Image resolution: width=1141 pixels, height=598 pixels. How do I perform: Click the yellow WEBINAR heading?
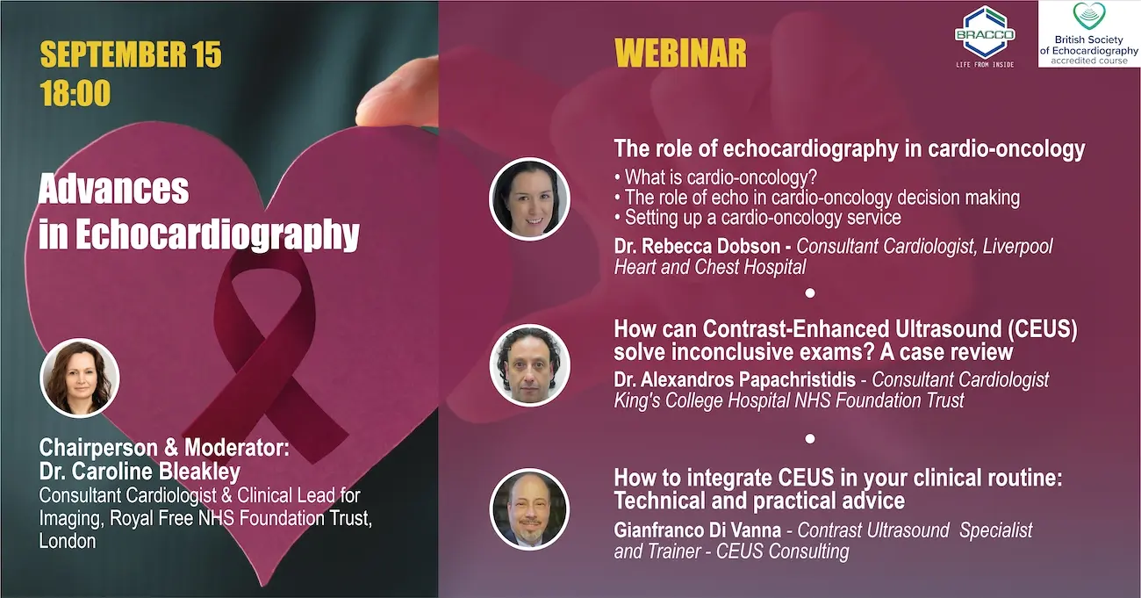680,53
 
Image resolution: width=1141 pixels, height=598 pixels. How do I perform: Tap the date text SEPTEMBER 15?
131,54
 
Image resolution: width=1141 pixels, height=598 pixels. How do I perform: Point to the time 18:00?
75,93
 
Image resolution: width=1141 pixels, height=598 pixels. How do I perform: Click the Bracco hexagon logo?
985,34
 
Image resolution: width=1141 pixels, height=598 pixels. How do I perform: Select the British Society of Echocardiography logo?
1089,33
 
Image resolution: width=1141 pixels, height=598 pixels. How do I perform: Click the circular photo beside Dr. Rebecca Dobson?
529,198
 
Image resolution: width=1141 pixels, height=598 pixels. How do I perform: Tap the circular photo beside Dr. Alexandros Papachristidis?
530,365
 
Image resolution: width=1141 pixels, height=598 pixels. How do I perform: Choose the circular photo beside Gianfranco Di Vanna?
530,508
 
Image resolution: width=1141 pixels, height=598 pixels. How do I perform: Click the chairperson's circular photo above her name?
80,378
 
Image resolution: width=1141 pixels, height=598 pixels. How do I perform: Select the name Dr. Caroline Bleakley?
140,472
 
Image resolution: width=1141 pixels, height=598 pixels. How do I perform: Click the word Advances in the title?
113,189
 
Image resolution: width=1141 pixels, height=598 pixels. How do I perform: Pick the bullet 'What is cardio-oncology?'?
715,177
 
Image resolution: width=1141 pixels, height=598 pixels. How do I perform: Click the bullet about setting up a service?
757,218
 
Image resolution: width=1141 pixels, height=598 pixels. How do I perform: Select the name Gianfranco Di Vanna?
698,530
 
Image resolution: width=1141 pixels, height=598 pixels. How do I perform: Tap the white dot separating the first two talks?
810,293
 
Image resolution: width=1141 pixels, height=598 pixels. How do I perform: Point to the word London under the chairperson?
68,541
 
